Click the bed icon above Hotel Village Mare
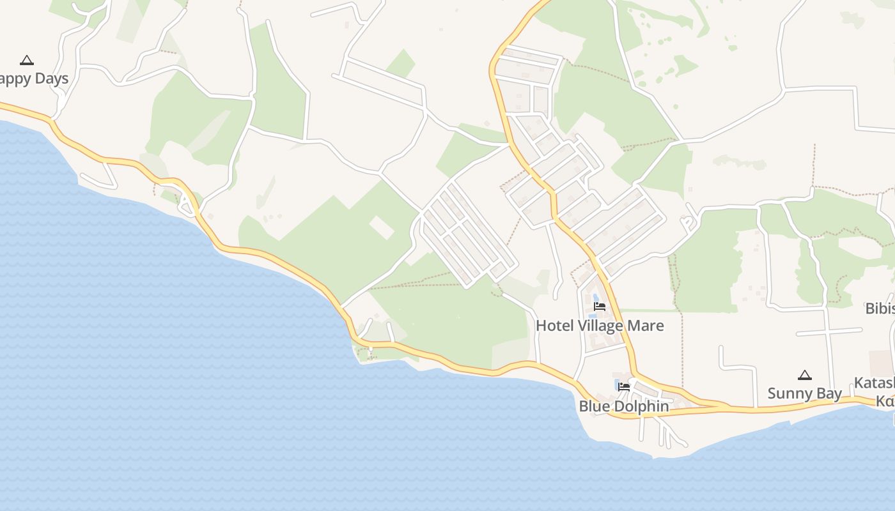(599, 307)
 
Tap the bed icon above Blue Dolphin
(624, 386)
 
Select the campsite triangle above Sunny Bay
(804, 375)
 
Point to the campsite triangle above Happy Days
(26, 60)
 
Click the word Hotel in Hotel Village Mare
(551, 326)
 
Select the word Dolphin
(640, 406)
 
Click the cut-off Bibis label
(880, 309)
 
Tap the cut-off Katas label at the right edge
(875, 383)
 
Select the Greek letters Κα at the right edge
(885, 401)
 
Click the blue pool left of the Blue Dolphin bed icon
(616, 385)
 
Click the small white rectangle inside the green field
(382, 227)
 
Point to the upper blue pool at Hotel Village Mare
(596, 298)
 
